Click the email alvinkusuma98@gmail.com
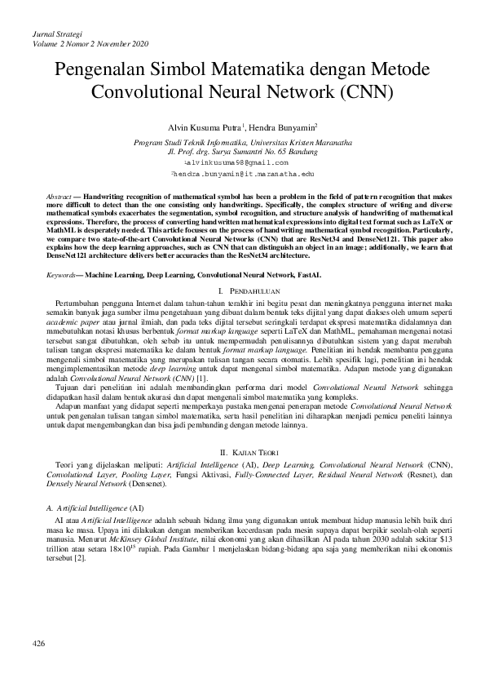tap(242, 163)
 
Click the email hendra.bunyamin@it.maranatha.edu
tap(242, 175)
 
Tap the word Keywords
tap(62, 277)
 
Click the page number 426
tap(38, 645)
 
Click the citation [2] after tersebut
tap(79, 558)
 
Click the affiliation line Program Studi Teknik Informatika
tap(242, 142)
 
